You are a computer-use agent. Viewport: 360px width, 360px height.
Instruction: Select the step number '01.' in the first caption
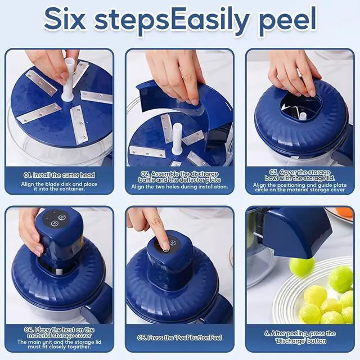pos(28,175)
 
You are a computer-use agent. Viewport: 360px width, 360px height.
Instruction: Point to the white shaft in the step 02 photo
pos(177,139)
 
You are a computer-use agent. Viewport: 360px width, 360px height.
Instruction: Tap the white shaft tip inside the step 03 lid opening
pos(303,116)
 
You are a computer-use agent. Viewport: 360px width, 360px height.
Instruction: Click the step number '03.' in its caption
pos(274,172)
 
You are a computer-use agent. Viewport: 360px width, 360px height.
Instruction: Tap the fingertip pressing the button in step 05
pos(165,245)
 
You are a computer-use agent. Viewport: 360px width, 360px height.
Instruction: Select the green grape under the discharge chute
pos(301,267)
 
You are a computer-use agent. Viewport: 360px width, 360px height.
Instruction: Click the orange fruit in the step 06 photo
pos(344,213)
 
